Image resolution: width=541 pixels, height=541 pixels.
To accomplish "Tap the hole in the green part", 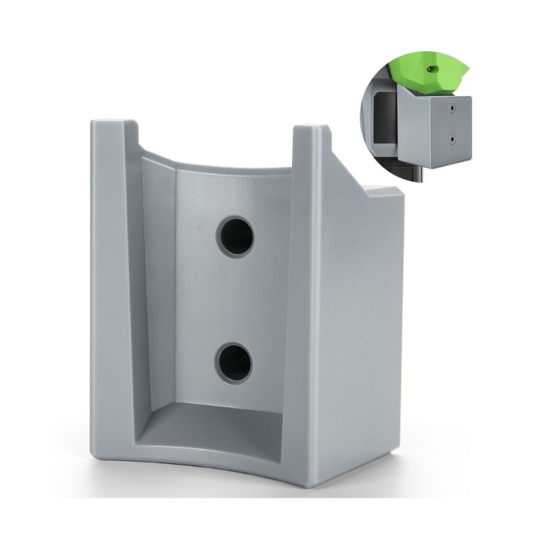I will [x=431, y=68].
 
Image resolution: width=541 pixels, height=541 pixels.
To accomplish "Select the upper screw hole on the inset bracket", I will [x=451, y=107].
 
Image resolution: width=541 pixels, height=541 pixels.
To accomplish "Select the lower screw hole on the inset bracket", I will [x=452, y=140].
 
